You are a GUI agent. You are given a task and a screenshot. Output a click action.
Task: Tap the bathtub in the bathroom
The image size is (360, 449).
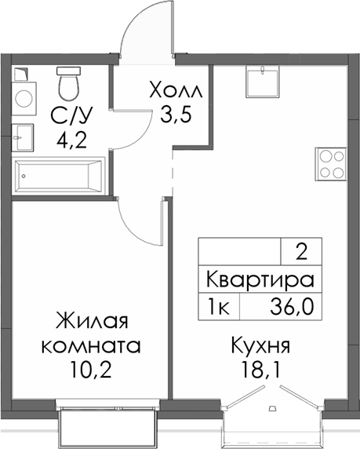pos(60,172)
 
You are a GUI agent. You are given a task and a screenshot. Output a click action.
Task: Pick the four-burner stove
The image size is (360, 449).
pos(331,164)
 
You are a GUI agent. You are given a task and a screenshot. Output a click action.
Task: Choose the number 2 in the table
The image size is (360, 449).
pos(301,252)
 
